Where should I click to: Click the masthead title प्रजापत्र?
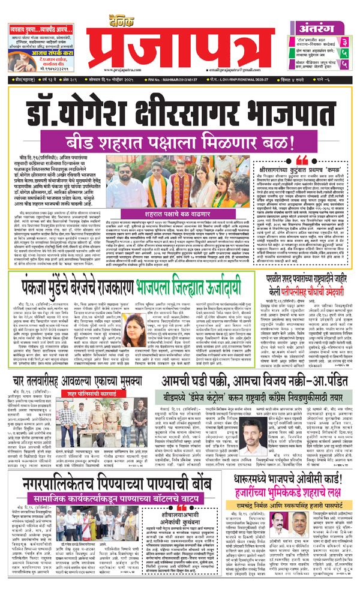coord(181,37)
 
